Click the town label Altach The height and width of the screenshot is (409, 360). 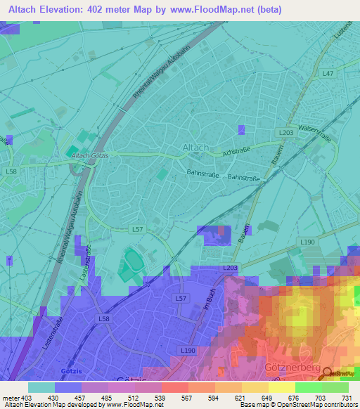point(195,148)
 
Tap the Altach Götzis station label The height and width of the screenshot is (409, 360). point(91,155)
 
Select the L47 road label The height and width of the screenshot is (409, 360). point(328,73)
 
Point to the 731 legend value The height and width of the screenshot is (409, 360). point(347,398)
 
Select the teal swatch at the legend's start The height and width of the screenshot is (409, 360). point(41,387)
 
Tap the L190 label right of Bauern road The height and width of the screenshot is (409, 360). point(307,242)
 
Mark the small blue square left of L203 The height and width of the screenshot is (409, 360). point(242,129)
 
